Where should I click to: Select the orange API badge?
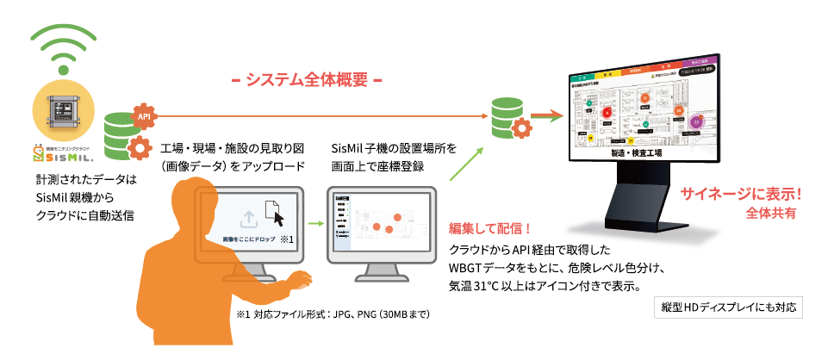[x=144, y=113]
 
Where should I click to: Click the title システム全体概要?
[x=307, y=80]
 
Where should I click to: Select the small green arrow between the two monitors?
[x=315, y=225]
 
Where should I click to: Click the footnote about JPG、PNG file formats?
[x=333, y=315]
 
